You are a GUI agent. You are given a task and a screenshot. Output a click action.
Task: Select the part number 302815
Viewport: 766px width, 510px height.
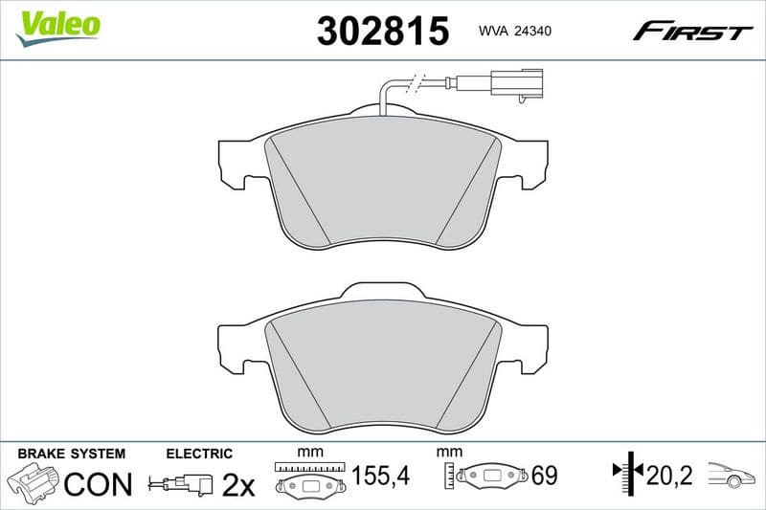pyautogui.click(x=382, y=32)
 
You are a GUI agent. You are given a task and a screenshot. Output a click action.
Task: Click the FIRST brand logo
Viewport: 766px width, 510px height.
pyautogui.click(x=692, y=32)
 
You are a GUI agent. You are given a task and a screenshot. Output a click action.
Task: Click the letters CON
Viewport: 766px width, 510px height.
pyautogui.click(x=98, y=484)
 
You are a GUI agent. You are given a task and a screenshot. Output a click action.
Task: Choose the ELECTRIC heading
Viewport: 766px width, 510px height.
pyautogui.click(x=199, y=454)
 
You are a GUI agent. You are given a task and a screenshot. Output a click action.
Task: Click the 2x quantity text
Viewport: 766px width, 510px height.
pyautogui.click(x=237, y=485)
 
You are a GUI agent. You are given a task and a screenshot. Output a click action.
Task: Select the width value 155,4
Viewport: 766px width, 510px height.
pyautogui.click(x=381, y=476)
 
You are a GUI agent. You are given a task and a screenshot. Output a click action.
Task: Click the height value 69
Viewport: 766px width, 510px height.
pyautogui.click(x=544, y=476)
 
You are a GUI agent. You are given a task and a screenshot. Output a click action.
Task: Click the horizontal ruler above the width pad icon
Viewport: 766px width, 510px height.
pyautogui.click(x=308, y=467)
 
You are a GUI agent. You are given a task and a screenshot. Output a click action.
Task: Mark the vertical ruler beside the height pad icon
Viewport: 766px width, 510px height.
pyautogui.click(x=448, y=476)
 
